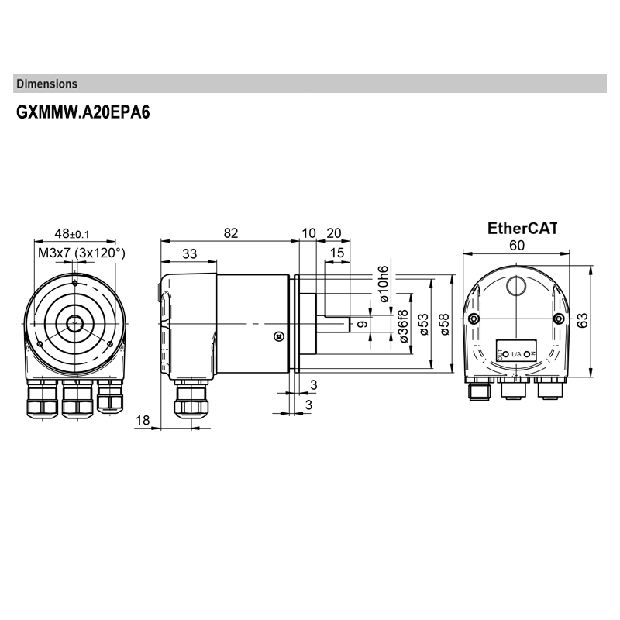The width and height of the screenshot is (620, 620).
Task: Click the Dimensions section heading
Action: pos(46,84)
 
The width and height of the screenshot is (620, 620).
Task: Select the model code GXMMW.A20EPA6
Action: pos(83,112)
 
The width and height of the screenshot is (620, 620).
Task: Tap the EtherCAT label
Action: pos(522,229)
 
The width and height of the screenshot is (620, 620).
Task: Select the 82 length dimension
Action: pos(229,233)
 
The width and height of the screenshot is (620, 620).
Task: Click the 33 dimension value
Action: pos(188,253)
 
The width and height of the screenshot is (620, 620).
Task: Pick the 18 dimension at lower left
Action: pos(143,420)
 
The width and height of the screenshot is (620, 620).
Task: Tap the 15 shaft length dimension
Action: pos(337,253)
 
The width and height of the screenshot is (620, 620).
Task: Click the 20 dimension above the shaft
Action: pos(334,233)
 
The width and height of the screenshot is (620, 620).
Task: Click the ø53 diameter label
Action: pos(423,322)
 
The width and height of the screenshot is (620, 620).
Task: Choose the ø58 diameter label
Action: pos(443,322)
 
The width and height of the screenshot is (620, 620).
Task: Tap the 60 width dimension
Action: pos(517,245)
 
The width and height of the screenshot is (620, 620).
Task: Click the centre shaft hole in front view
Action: pos(75,323)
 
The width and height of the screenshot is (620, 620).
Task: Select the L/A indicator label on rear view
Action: pos(516,354)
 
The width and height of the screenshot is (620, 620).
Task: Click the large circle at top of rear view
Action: pos(517,288)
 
